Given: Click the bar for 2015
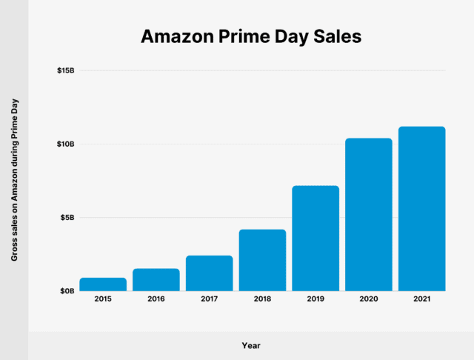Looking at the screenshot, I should pos(103,284).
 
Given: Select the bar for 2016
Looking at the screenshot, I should pos(156,280).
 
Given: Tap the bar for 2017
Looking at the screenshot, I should pos(209,273).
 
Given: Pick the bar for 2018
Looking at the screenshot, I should pos(262,260).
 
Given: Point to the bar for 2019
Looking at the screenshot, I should pos(316,239).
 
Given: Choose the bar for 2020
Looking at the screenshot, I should pos(369,215).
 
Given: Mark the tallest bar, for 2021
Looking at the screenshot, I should pos(421,209).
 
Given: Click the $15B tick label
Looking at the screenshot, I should pos(65,71).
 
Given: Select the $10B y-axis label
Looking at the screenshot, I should pos(65,144).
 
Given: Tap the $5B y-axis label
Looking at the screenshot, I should pos(67,218).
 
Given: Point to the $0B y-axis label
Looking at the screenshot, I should pos(67,291).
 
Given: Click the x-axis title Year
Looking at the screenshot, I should pos(251,345).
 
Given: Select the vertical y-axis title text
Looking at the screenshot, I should pos(14,181).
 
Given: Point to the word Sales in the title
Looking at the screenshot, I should pos(335,36).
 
